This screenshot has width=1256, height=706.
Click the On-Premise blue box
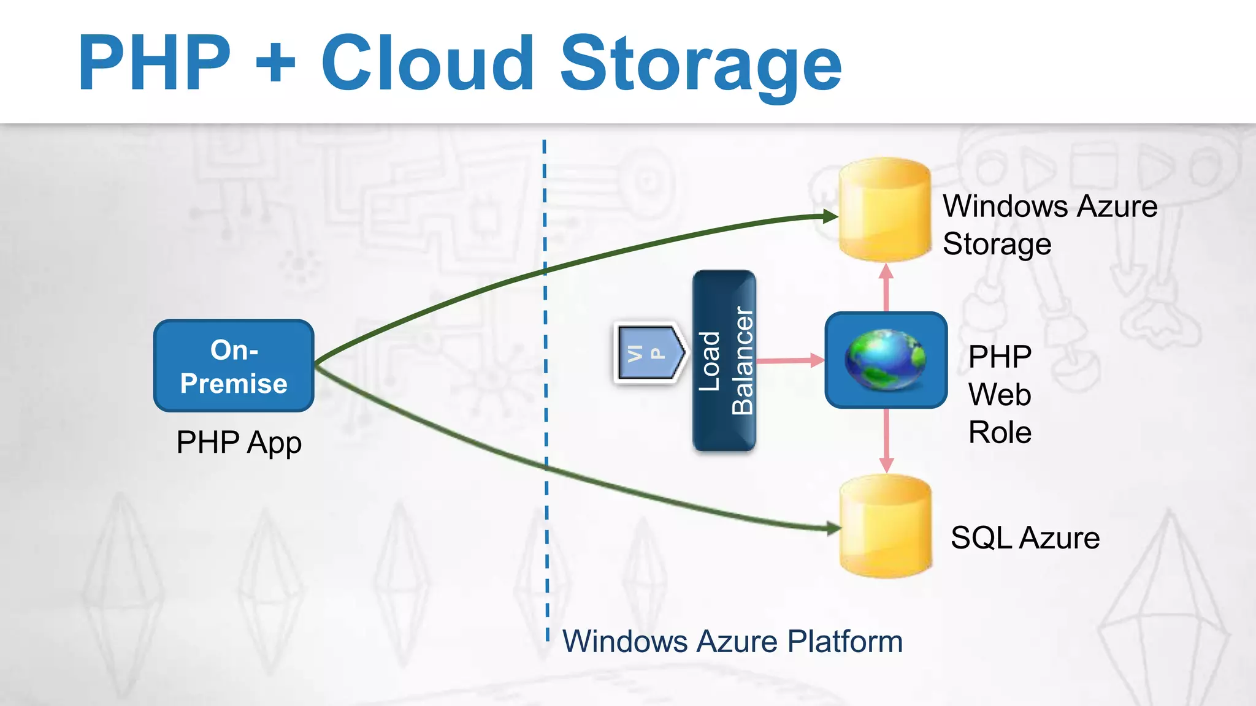[x=234, y=366]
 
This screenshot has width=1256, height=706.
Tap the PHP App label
[x=239, y=442]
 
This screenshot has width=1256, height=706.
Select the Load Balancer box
[x=724, y=361]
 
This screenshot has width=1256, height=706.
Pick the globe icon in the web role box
[x=886, y=360]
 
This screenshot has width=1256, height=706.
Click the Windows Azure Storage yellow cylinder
[x=885, y=210]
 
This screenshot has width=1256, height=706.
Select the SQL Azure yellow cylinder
[x=886, y=527]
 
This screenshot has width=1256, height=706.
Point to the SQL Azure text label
[x=1025, y=538]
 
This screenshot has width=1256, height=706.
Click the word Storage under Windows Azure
[x=997, y=245]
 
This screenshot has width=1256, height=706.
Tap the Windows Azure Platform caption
[x=732, y=642]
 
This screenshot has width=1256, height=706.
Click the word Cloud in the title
[x=427, y=64]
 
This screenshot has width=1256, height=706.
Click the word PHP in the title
[x=155, y=64]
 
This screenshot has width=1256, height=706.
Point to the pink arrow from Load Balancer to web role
[x=790, y=360]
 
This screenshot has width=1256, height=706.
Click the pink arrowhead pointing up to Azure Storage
[x=886, y=272]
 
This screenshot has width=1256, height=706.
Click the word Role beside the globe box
[x=1000, y=433]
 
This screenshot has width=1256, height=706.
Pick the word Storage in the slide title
[x=700, y=64]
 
